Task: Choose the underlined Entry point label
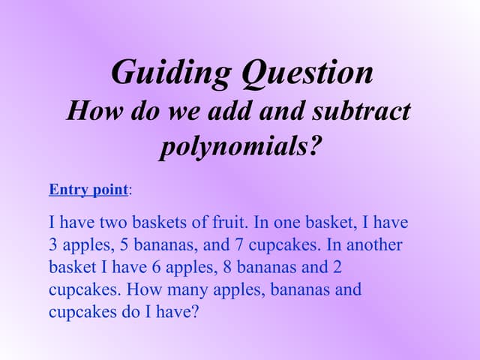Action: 88,189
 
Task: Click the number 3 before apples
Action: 53,245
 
